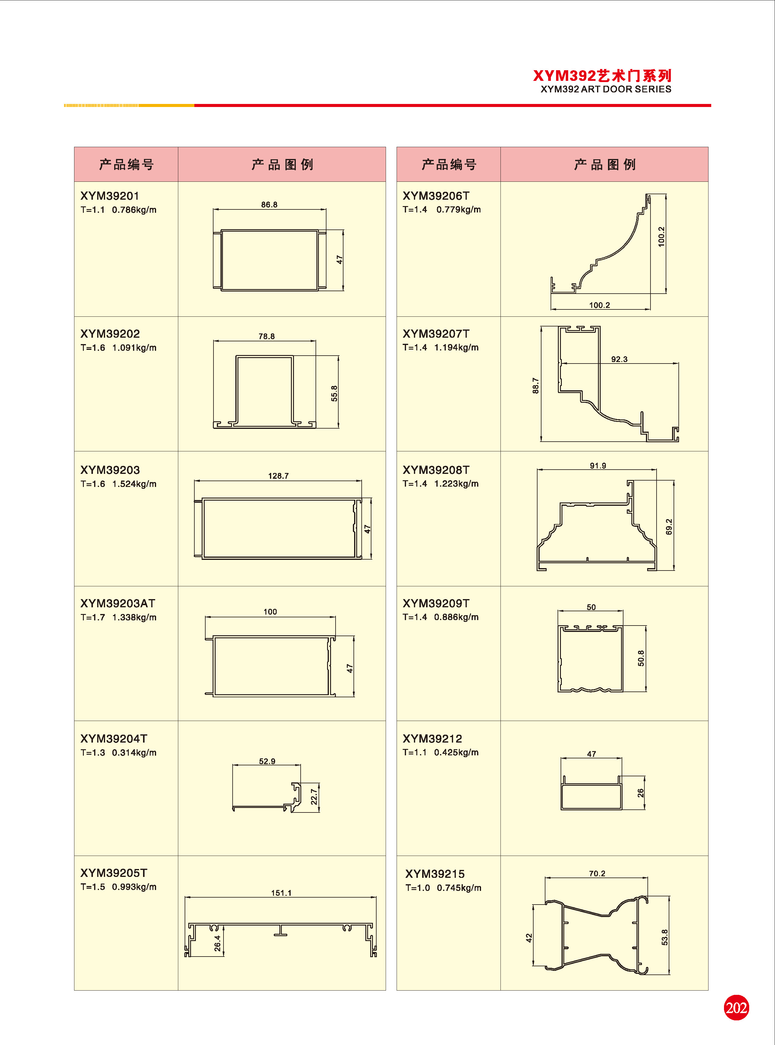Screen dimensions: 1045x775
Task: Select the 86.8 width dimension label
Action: point(269,205)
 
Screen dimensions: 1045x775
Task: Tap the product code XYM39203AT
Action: point(118,603)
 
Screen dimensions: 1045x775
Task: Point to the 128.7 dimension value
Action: point(278,476)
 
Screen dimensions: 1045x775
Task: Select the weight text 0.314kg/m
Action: point(134,753)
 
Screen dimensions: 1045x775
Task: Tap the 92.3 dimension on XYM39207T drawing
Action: point(619,359)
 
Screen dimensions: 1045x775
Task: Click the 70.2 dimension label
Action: point(597,873)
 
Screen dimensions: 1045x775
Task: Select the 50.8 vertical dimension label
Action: point(641,658)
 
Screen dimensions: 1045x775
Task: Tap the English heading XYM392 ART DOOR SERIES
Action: point(606,89)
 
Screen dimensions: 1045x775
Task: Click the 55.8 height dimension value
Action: point(334,393)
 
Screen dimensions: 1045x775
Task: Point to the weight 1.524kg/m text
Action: point(134,484)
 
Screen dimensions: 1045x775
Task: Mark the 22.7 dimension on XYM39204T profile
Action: point(314,797)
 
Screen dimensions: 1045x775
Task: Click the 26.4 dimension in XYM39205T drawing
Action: point(217,943)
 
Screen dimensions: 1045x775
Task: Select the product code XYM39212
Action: point(432,738)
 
